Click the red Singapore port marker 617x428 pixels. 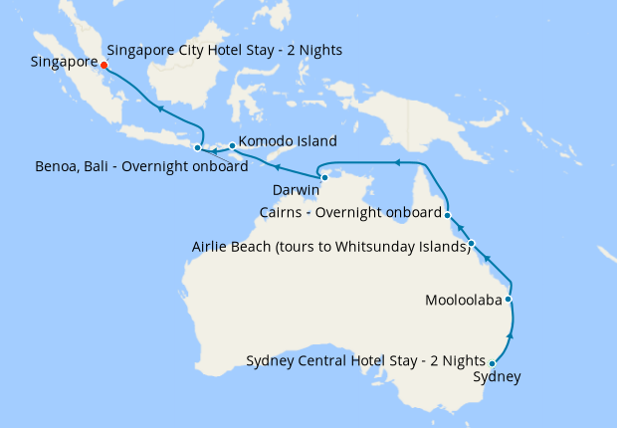[x=104, y=65]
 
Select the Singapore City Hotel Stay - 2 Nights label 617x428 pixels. [x=224, y=50]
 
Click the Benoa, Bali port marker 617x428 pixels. [x=197, y=148]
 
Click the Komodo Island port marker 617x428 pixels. [x=232, y=146]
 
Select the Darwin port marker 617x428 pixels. [x=324, y=177]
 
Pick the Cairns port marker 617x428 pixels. [x=448, y=214]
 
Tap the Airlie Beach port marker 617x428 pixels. [x=471, y=244]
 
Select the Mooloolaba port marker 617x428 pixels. [x=509, y=299]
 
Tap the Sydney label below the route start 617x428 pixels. [x=496, y=377]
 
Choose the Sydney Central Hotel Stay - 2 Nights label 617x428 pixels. [x=365, y=360]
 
